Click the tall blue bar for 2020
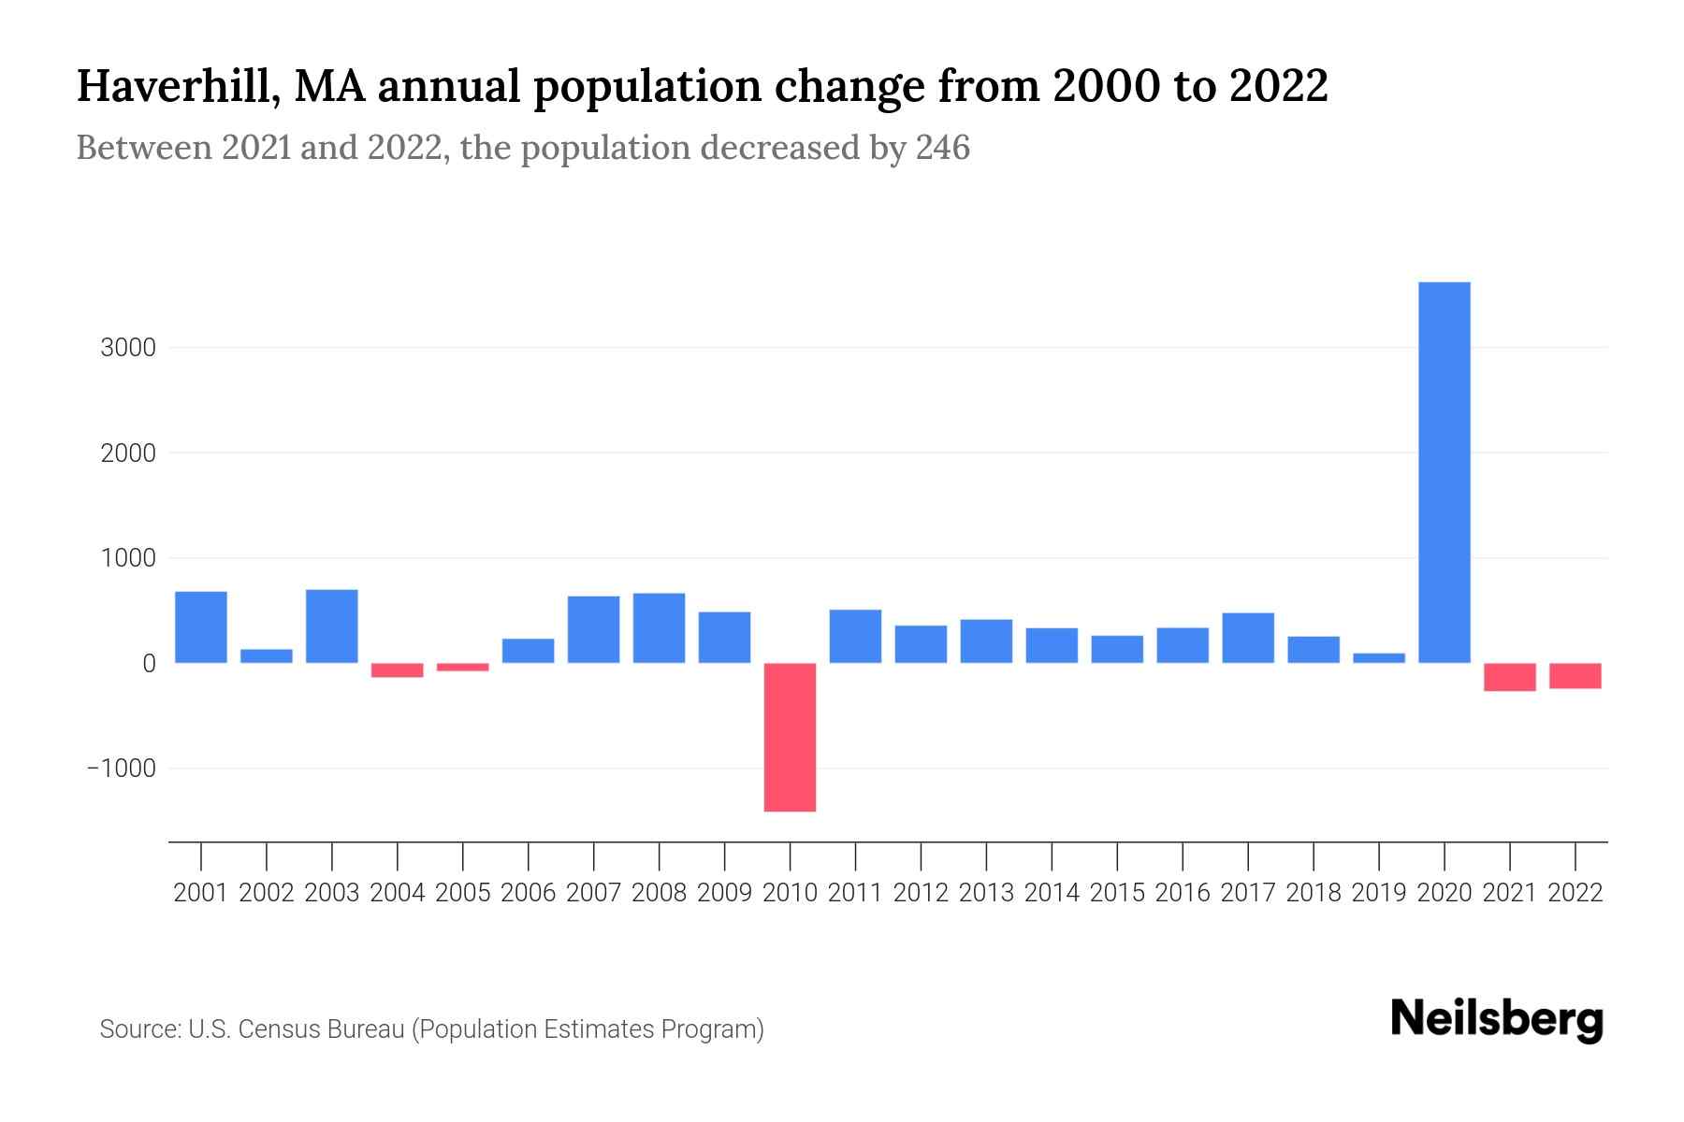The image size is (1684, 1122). coord(1444,472)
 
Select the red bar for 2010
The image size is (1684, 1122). coord(790,737)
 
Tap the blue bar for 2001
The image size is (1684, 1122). coord(201,626)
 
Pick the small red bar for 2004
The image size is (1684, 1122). coord(398,670)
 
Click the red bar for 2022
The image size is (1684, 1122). coord(1575,676)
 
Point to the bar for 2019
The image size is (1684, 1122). coord(1379,658)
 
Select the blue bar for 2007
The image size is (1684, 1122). coord(593,629)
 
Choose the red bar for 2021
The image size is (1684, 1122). coord(1510,677)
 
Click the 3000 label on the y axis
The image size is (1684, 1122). coord(127,348)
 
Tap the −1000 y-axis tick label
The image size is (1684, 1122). coord(122,769)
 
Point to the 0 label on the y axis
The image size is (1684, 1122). coord(149,664)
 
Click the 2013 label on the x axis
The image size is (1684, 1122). coord(986,893)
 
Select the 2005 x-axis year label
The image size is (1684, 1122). coord(463,893)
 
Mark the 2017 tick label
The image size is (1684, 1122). coord(1248,893)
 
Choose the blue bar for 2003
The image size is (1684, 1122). coord(332,626)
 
